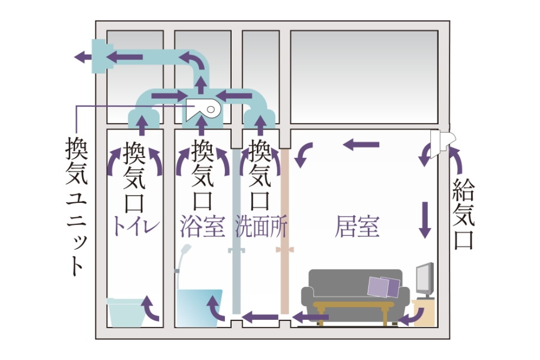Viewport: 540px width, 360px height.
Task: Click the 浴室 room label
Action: click(202, 227)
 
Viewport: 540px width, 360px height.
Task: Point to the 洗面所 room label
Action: click(262, 227)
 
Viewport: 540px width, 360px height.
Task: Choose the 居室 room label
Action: click(357, 227)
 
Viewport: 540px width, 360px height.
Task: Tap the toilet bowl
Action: click(126, 310)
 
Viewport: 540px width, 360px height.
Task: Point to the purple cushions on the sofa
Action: click(385, 287)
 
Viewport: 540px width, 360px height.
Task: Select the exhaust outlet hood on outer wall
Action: click(98, 56)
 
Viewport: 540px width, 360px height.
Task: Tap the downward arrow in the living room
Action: click(426, 218)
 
